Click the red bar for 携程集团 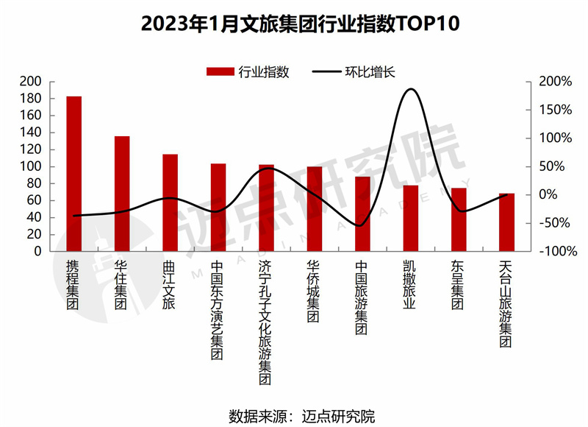coord(74,174)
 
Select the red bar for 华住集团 coord(122,194)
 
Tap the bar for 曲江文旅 coord(170,202)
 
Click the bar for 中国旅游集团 coord(362,213)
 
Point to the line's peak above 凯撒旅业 coord(411,89)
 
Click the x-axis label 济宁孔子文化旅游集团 coord(266,322)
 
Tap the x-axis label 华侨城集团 coord(314,292)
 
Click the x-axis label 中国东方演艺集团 coord(218,310)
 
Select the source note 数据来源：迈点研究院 coord(301,414)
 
